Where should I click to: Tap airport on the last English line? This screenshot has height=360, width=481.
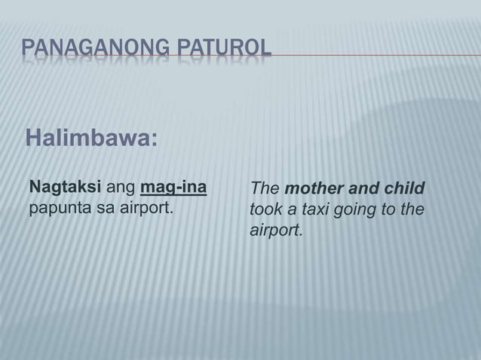[276, 228]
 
